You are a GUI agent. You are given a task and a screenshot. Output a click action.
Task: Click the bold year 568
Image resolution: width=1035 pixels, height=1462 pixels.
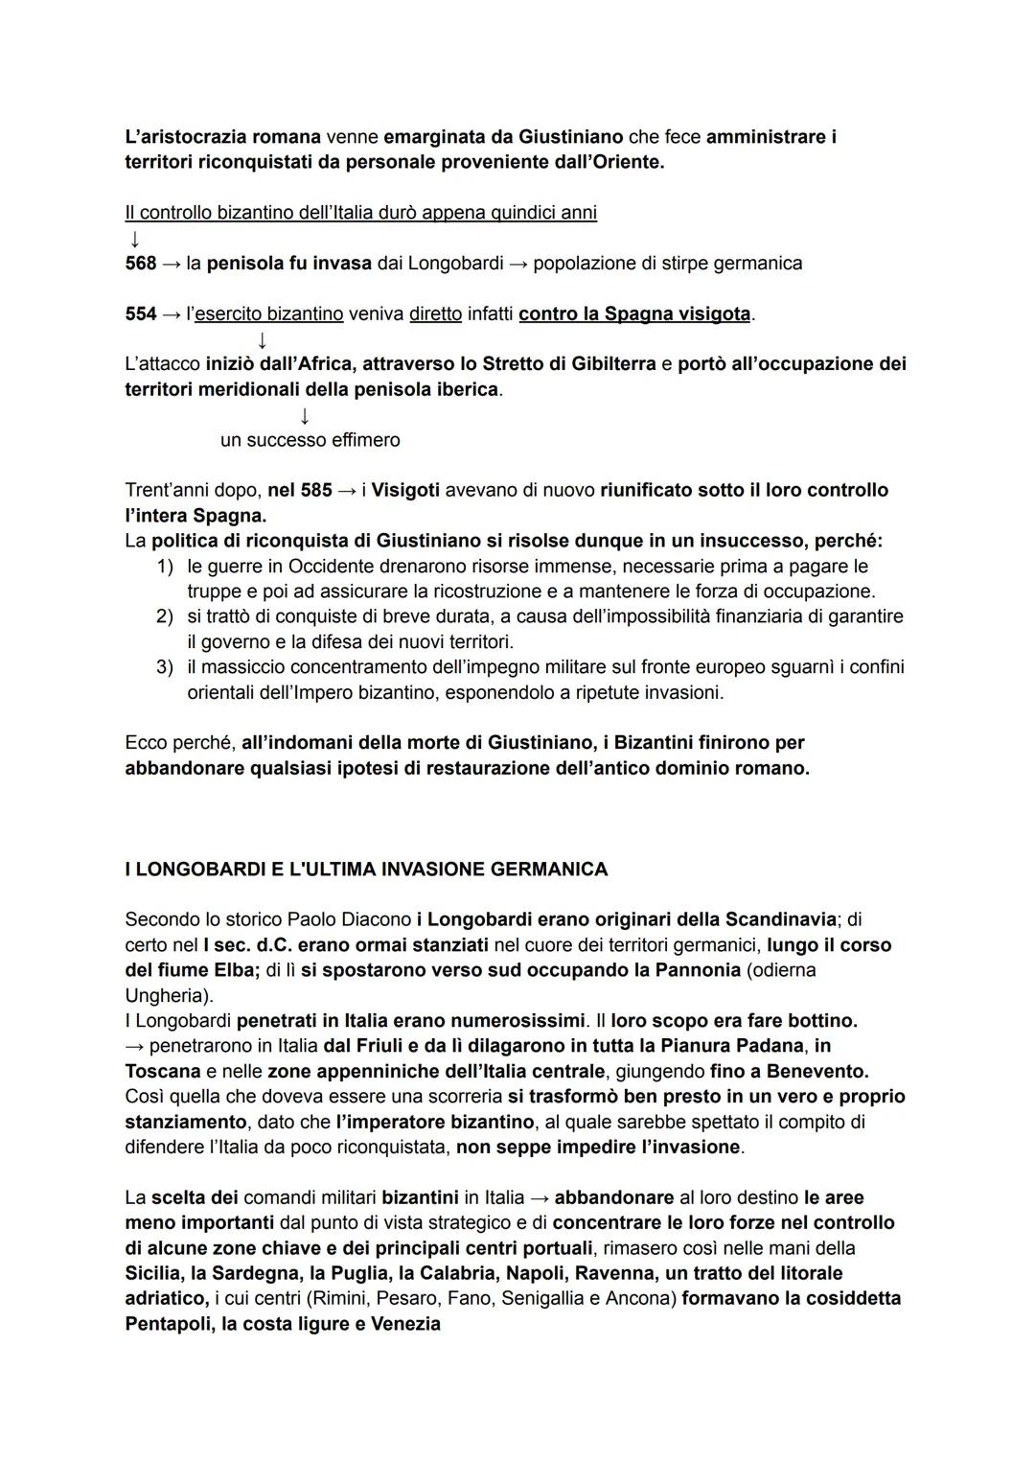coord(140,263)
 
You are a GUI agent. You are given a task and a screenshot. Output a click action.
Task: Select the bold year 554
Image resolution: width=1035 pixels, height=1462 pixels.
coord(140,313)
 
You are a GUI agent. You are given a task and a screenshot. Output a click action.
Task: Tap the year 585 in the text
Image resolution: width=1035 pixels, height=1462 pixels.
coord(315,490)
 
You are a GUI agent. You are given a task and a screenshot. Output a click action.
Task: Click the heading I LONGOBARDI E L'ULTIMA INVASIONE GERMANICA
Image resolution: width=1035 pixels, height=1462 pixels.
coord(366,870)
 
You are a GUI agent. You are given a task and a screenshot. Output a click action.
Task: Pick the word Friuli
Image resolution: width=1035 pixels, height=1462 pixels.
coord(379,1045)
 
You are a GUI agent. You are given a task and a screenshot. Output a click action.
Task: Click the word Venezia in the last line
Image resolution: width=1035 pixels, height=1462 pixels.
coord(405,1324)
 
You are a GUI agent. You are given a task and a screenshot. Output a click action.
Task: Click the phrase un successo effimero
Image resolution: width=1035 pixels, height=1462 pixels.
coord(310,440)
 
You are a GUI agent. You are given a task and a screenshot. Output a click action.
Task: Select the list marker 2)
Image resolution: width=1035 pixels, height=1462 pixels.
coord(165,616)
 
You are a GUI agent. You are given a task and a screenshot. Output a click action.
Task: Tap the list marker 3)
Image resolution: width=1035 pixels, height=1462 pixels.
coord(165,666)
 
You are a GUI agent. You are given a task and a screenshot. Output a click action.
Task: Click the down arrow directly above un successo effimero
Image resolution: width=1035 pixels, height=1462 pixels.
coord(304,416)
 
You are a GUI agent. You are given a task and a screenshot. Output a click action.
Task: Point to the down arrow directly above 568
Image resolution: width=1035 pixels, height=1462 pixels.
coord(134,238)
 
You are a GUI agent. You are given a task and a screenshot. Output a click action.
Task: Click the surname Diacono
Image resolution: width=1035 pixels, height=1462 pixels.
coord(376,919)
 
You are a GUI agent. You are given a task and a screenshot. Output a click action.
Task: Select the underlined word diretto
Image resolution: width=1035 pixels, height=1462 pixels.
coord(435,313)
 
